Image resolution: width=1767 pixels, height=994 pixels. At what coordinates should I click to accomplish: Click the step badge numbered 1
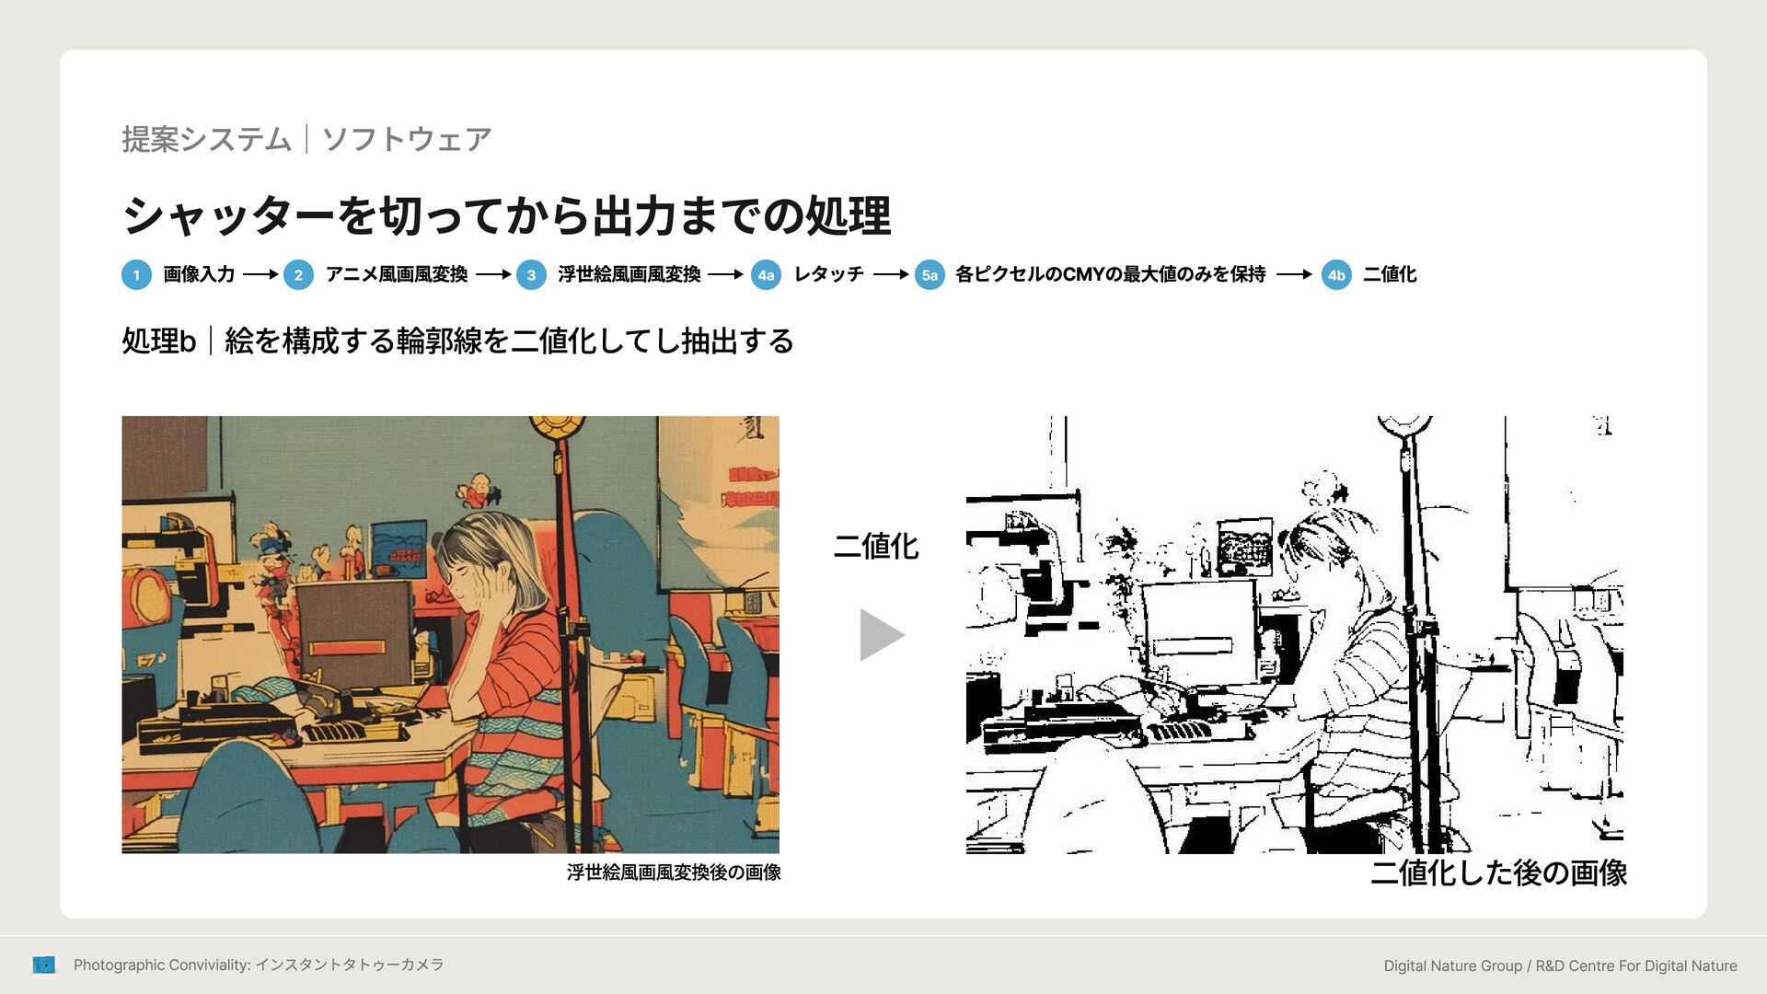point(136,274)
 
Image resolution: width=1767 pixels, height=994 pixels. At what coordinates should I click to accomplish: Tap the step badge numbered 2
point(298,274)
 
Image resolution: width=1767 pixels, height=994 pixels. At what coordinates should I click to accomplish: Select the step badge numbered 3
point(531,274)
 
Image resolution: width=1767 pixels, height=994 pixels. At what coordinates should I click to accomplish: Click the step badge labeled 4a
point(766,274)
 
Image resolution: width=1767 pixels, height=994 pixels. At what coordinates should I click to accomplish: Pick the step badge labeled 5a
point(930,274)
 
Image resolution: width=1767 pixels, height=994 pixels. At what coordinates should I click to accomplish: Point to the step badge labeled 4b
point(1336,274)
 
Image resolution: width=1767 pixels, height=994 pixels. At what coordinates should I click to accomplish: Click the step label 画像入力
point(199,274)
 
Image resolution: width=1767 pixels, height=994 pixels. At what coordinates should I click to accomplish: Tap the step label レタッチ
point(828,274)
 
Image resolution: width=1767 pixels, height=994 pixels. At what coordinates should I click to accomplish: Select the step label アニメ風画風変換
point(397,274)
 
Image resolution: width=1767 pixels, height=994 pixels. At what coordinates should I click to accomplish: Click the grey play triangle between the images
point(879,634)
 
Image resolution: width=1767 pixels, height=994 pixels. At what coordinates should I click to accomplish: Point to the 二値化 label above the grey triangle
point(876,546)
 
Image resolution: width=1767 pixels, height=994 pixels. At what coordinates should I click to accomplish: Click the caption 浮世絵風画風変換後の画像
point(674,873)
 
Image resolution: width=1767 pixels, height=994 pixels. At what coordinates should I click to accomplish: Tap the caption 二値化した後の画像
point(1498,873)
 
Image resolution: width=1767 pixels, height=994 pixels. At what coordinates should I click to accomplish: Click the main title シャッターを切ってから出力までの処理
point(506,215)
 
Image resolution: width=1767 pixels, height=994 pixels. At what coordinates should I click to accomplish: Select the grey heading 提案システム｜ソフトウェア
point(306,139)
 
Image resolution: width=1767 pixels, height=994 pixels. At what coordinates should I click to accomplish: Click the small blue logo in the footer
point(44,965)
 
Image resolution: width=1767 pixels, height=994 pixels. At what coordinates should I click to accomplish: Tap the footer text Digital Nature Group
point(1453,965)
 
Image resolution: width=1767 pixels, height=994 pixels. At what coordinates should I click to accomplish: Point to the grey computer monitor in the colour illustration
point(353,630)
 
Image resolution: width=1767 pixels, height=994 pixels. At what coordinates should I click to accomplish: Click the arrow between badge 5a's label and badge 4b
point(1294,274)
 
